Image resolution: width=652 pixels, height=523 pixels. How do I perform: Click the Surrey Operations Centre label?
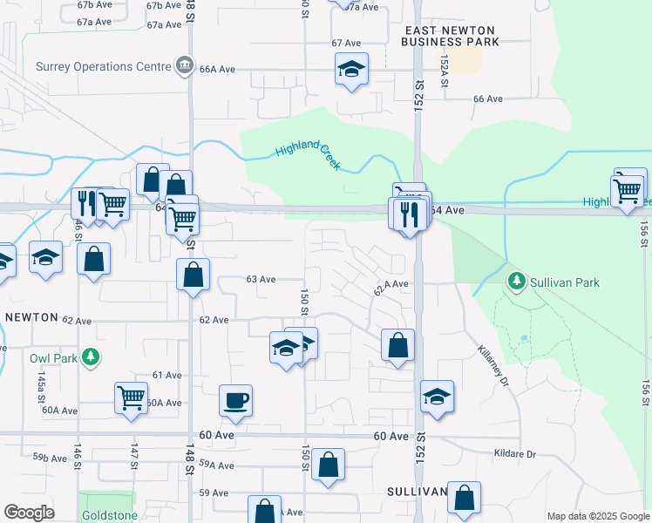pos(104,66)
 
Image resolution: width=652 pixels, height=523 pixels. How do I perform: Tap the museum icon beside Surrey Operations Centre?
pos(184,65)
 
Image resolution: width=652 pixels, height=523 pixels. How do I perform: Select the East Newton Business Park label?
pos(452,36)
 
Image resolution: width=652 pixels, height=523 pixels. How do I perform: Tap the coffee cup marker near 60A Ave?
pos(235,400)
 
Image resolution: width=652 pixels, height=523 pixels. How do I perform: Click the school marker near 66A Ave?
pos(351,69)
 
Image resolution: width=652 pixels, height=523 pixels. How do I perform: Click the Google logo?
pos(29,513)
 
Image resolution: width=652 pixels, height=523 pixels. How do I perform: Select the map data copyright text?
pos(598,516)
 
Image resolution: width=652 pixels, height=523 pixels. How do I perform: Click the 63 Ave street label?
pos(261,279)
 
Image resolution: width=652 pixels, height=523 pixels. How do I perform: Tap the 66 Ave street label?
pos(488,98)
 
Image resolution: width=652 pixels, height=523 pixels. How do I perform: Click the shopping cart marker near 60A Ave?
pos(131,397)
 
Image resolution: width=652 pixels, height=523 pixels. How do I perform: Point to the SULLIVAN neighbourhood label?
pos(418,492)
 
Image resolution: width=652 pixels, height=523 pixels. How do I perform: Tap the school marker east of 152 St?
pos(437,397)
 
